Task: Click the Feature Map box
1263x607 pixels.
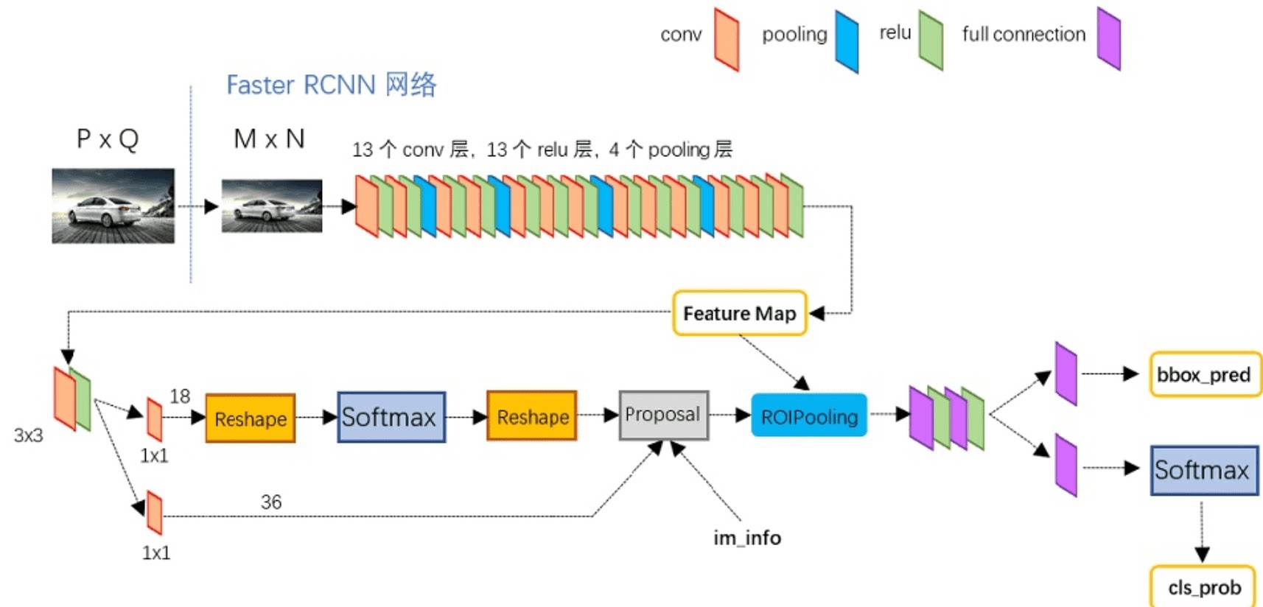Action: pyautogui.click(x=739, y=313)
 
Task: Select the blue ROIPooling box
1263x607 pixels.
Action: pyautogui.click(x=809, y=416)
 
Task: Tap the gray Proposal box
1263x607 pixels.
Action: pyautogui.click(x=663, y=415)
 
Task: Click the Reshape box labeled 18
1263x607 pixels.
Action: pyautogui.click(x=250, y=418)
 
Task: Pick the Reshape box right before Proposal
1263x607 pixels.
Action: pyautogui.click(x=532, y=416)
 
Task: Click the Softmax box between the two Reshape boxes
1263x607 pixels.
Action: pyautogui.click(x=391, y=417)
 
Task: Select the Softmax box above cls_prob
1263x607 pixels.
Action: pyautogui.click(x=1204, y=470)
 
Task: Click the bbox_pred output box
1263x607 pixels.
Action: pyautogui.click(x=1204, y=374)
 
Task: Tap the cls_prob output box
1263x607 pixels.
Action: pyautogui.click(x=1203, y=587)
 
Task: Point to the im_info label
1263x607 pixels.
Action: pyautogui.click(x=746, y=538)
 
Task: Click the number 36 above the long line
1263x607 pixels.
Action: pyautogui.click(x=270, y=502)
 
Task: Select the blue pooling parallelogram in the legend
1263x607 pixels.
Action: pyautogui.click(x=847, y=41)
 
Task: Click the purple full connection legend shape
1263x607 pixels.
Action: pyautogui.click(x=1108, y=38)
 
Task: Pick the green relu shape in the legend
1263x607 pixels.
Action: pyautogui.click(x=931, y=41)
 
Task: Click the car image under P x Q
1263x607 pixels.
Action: pyautogui.click(x=113, y=206)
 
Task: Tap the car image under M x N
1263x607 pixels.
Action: pyautogui.click(x=271, y=206)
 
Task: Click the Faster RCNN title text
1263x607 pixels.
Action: pyautogui.click(x=331, y=85)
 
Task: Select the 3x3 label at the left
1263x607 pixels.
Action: pyautogui.click(x=28, y=435)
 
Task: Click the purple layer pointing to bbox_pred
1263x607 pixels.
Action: pyautogui.click(x=1066, y=373)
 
